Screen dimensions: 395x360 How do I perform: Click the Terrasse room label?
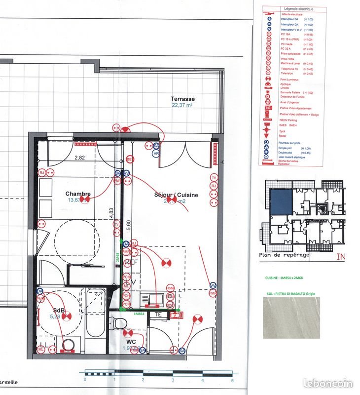click(x=182, y=99)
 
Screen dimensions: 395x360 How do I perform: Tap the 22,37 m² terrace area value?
click(x=182, y=105)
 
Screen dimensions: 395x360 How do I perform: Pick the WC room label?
click(x=131, y=341)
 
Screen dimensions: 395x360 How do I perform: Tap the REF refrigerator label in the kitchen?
click(x=132, y=262)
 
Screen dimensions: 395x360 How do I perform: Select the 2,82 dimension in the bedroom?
click(x=80, y=158)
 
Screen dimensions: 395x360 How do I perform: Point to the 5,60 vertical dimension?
click(x=129, y=223)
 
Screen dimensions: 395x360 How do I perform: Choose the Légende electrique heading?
click(x=298, y=9)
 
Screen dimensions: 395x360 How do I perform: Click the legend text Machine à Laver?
click(x=290, y=64)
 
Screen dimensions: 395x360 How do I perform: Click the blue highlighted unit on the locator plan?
click(x=281, y=202)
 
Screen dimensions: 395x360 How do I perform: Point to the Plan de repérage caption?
click(x=285, y=255)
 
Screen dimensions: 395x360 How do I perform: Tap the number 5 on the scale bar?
click(x=232, y=380)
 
